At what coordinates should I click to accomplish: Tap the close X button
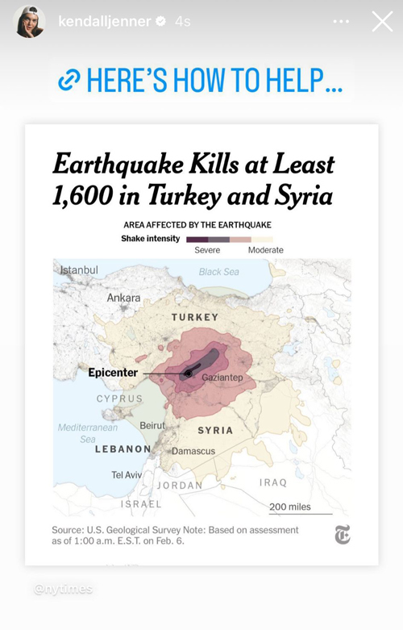(x=382, y=22)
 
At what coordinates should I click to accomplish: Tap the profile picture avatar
(x=29, y=22)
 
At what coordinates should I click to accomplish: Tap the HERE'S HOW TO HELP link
(x=201, y=81)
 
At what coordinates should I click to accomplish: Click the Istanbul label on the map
(x=79, y=269)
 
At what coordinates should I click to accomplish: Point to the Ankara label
(x=123, y=298)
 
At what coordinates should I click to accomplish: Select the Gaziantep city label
(x=222, y=378)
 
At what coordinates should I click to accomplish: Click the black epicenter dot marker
(x=188, y=373)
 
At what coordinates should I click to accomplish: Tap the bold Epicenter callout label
(x=112, y=373)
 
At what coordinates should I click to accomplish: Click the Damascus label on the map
(x=193, y=451)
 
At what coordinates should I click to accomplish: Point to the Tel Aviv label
(x=126, y=474)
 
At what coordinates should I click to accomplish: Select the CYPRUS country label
(x=119, y=398)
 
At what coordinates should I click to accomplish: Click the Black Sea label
(x=219, y=272)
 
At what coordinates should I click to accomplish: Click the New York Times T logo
(x=343, y=534)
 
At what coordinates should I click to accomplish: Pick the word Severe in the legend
(x=207, y=250)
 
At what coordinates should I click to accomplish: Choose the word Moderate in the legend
(x=265, y=250)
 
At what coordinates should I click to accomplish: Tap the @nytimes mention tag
(x=63, y=589)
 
